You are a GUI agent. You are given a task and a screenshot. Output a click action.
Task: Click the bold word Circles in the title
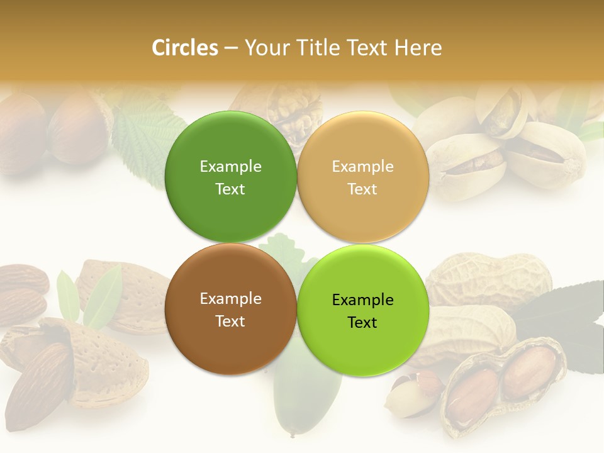click(x=184, y=48)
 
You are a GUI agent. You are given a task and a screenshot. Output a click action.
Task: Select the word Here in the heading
click(x=418, y=48)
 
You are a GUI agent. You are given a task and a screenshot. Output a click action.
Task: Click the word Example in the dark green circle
click(x=230, y=166)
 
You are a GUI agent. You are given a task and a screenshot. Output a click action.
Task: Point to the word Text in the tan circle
click(x=362, y=189)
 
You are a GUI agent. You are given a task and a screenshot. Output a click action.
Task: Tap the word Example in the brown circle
click(x=230, y=298)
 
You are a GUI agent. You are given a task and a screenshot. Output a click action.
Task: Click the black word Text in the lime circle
click(x=362, y=322)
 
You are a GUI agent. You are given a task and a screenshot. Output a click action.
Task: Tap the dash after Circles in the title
click(x=231, y=48)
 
